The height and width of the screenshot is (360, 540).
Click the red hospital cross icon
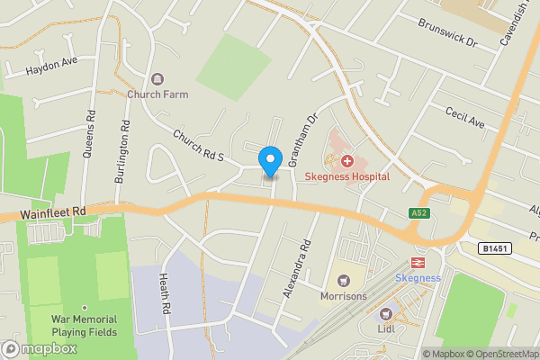[346, 159]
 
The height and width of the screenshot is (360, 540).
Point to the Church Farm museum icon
[157, 78]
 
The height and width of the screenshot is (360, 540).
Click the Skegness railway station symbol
[418, 263]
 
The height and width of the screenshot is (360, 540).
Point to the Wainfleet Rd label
[54, 212]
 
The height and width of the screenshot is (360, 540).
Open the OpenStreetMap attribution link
[500, 353]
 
